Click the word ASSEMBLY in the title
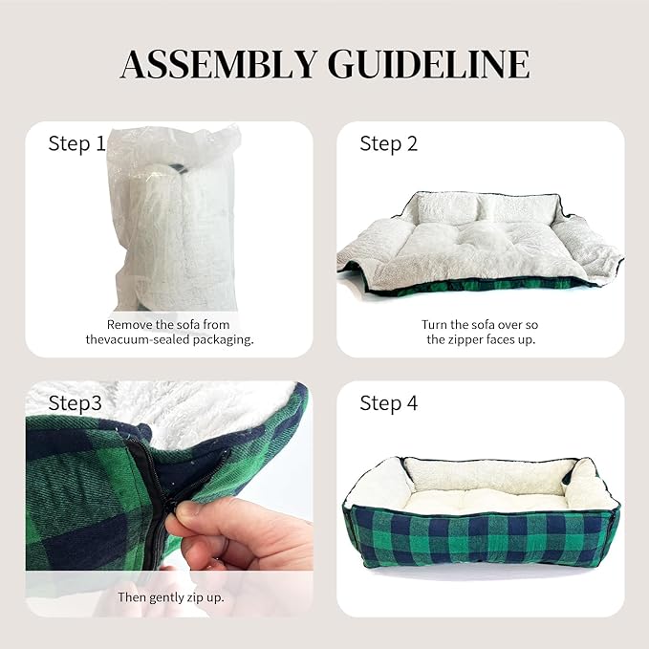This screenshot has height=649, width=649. [x=220, y=64]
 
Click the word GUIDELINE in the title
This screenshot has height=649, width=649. [x=429, y=64]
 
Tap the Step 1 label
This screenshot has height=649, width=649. [x=76, y=144]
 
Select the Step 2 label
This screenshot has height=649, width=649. [x=389, y=144]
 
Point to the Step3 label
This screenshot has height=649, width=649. [x=75, y=403]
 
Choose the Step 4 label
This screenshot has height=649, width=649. [x=389, y=403]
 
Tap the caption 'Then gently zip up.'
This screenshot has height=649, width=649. [x=171, y=597]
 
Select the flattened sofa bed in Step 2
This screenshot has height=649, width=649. [x=480, y=244]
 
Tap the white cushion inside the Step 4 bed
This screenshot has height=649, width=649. [x=485, y=499]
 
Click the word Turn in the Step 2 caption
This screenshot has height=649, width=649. [x=432, y=325]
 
